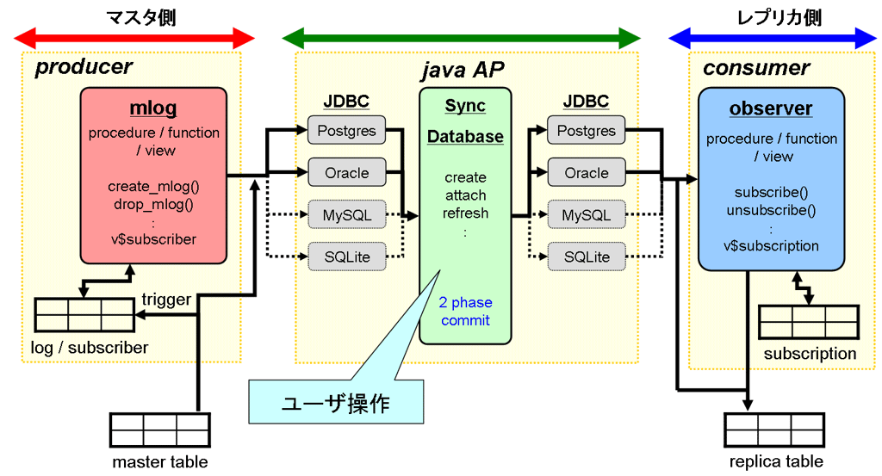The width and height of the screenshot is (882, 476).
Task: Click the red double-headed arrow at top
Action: coord(135,38)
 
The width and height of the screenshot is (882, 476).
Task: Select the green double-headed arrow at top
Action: coord(461,38)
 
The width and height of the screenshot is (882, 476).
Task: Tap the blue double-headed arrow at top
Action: coord(773,38)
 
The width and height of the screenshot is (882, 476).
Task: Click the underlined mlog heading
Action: coord(152,108)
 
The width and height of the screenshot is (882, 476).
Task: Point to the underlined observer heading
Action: coord(771,108)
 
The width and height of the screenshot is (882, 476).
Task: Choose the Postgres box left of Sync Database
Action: coord(346,131)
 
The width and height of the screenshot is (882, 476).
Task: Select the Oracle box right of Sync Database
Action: coord(586,173)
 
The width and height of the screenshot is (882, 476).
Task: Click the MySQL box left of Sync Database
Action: coord(346,214)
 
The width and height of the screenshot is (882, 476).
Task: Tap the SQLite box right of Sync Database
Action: coord(586,257)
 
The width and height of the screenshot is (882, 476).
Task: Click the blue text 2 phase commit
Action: coord(465,312)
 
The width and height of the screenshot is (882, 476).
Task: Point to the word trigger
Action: coord(166,300)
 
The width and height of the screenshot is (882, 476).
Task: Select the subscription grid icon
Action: coord(809,322)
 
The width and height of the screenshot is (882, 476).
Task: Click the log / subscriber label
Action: coord(84,348)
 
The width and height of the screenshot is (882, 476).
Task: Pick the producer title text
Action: coord(84,67)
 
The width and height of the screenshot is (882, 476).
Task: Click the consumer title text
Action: coord(756,68)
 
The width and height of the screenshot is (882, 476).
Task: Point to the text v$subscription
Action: coord(771,246)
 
